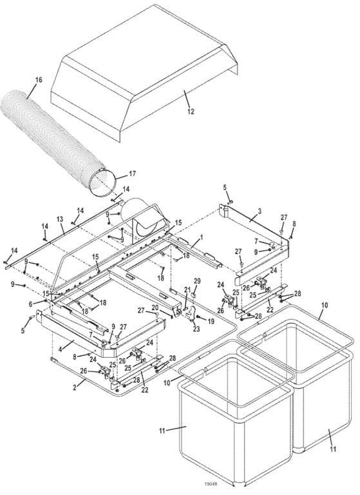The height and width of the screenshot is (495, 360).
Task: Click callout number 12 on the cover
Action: click(190, 112)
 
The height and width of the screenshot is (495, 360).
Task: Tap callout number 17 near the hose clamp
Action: click(132, 173)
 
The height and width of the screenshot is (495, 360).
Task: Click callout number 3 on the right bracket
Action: click(259, 211)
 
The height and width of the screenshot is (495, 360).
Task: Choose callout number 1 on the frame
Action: click(201, 237)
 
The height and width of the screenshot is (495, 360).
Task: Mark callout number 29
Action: click(198, 281)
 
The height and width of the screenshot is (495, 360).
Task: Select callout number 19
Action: click(210, 320)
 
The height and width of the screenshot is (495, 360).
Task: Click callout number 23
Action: click(196, 329)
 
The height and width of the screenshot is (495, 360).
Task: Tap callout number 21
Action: click(187, 289)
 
